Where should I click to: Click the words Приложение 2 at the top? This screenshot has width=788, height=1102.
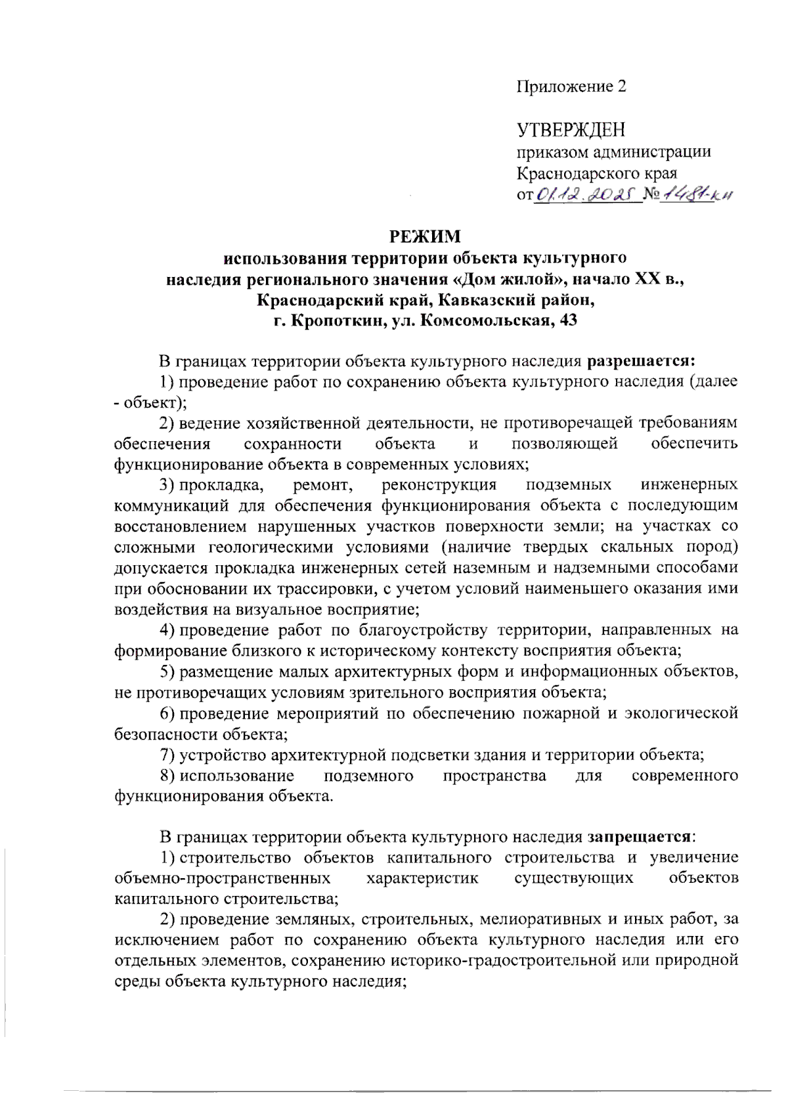571,87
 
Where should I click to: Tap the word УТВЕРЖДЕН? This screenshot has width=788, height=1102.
571,130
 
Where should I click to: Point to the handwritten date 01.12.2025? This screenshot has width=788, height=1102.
588,194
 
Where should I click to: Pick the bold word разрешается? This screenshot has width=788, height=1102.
641,360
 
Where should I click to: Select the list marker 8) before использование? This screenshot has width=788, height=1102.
167,776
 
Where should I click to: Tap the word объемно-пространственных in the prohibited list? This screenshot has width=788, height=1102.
222,878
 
